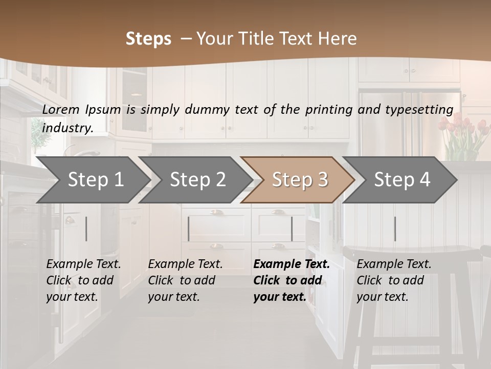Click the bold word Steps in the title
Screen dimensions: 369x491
click(x=148, y=39)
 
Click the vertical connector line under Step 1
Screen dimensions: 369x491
click(x=86, y=229)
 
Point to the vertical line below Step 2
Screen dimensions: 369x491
click(x=189, y=229)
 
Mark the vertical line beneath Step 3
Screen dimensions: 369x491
click(x=292, y=229)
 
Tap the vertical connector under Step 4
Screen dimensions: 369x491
click(x=395, y=229)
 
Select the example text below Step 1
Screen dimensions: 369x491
click(x=83, y=280)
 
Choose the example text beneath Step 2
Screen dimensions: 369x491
click(x=185, y=280)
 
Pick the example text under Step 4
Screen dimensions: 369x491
click(x=394, y=280)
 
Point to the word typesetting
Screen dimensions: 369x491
click(x=419, y=109)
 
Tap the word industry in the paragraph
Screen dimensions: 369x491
click(x=68, y=128)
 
